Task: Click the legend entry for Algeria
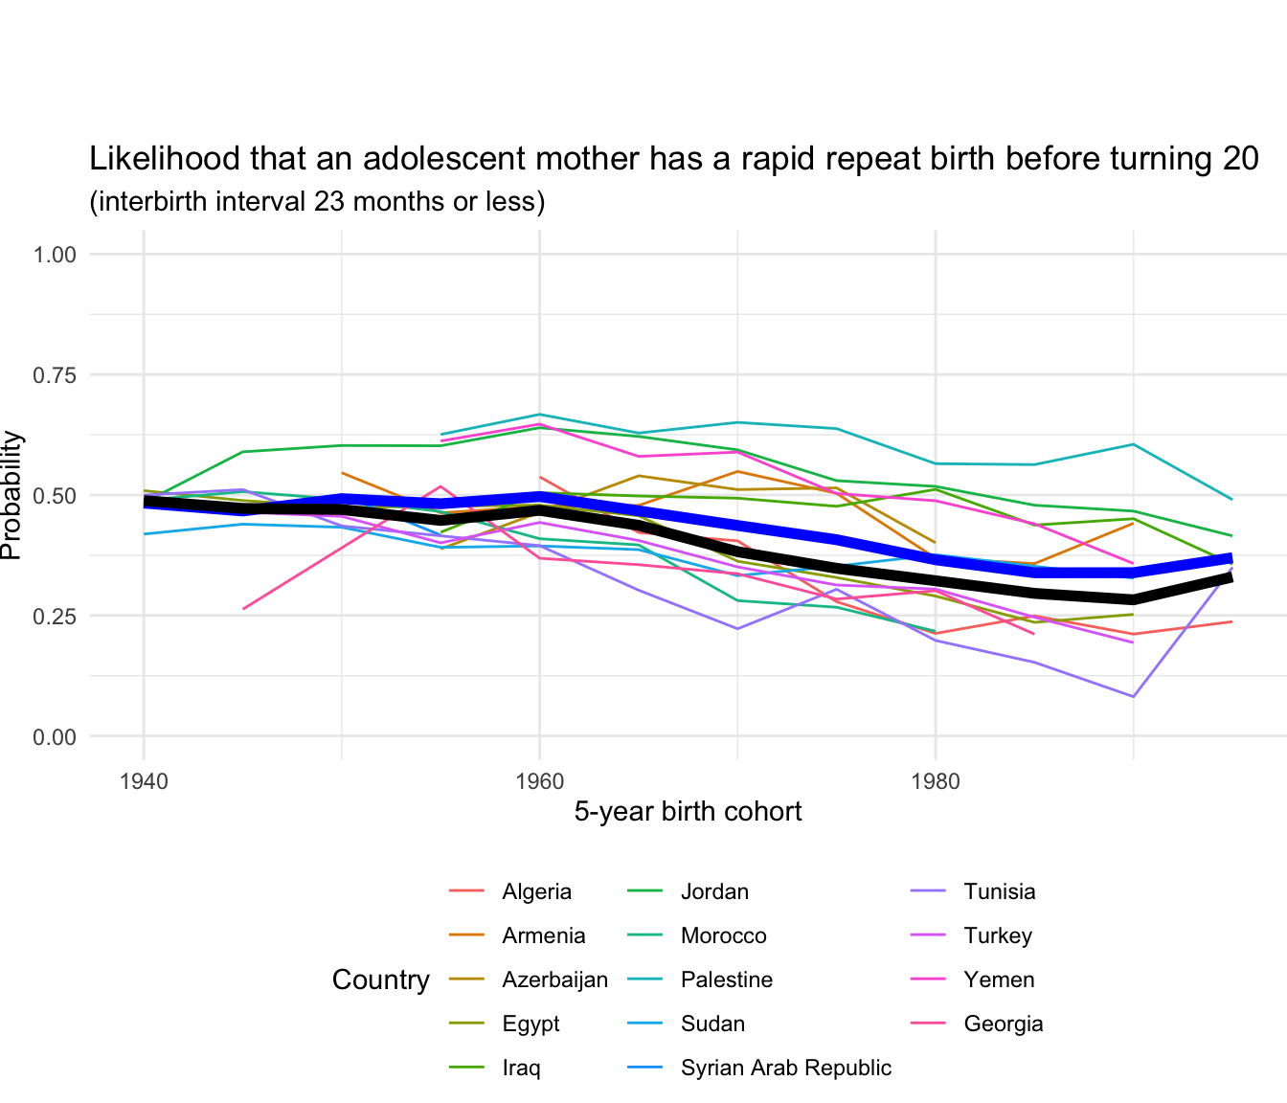(536, 891)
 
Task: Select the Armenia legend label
(543, 935)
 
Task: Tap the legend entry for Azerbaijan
(554, 979)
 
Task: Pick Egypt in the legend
(531, 1024)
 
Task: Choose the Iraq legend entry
(521, 1068)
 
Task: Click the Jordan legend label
(714, 891)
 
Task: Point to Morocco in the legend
(723, 935)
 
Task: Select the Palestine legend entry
(726, 979)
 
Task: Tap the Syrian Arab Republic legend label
(785, 1068)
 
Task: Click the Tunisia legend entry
(999, 891)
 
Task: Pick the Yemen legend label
(999, 979)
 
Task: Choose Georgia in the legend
(1003, 1024)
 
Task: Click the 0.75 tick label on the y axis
(55, 375)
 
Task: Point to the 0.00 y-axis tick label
(55, 737)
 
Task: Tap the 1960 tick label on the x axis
(539, 780)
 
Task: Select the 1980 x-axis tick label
(936, 780)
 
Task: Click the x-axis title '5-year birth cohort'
(688, 812)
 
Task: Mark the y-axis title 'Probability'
(11, 495)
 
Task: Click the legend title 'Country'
(380, 979)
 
